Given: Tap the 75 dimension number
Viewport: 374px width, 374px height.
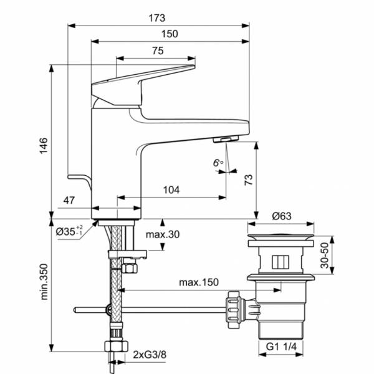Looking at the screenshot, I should click(158, 51).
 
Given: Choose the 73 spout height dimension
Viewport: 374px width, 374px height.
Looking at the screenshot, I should click(248, 180).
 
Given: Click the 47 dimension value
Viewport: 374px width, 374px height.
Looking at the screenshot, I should click(69, 200).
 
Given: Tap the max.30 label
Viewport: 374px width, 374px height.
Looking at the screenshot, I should click(163, 235).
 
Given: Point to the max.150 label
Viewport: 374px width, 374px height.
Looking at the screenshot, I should click(199, 282).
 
